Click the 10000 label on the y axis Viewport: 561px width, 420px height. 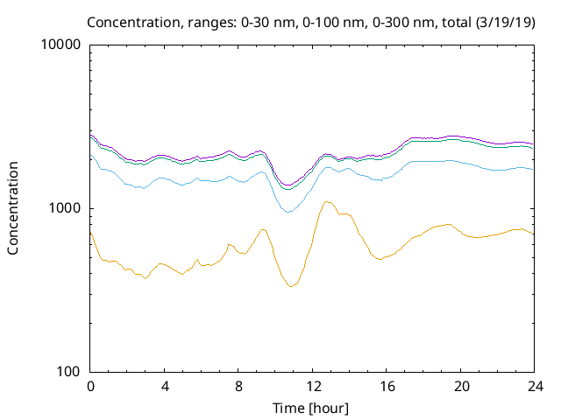click(x=60, y=45)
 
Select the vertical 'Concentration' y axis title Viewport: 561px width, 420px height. click(x=13, y=208)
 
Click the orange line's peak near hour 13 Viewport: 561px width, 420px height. click(x=327, y=202)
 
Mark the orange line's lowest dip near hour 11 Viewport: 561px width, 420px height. click(x=291, y=286)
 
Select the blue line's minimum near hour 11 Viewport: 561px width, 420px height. click(x=288, y=212)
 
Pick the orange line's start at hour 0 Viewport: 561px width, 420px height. click(x=91, y=233)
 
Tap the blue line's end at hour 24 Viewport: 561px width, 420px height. click(x=533, y=169)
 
